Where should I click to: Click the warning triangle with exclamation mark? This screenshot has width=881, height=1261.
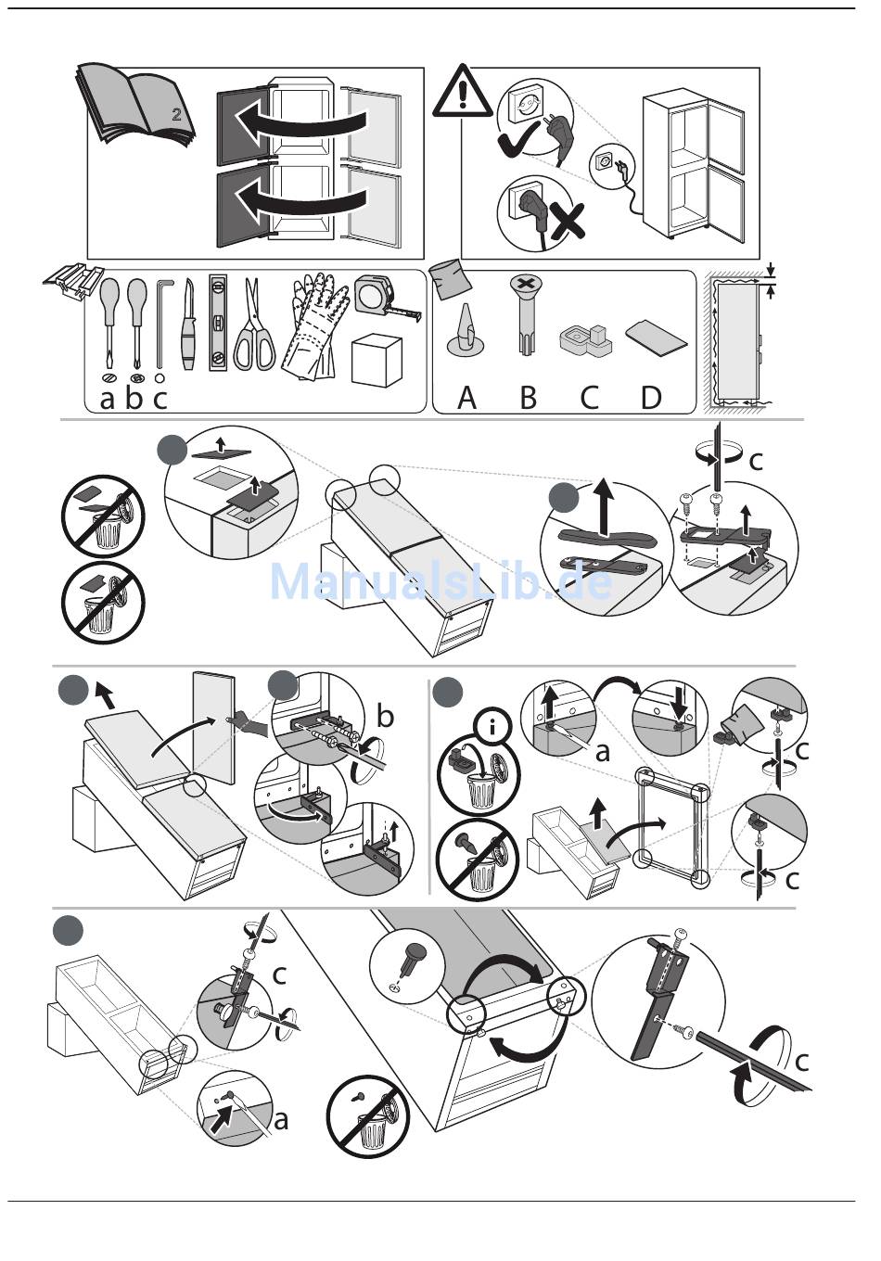tap(462, 93)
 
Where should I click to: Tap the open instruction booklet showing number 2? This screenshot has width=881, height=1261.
tap(139, 107)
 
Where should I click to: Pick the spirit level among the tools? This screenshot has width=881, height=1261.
tap(219, 323)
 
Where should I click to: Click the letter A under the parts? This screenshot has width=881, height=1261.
tap(466, 398)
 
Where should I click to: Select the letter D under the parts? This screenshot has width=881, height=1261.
tap(651, 398)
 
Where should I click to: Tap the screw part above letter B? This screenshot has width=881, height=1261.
tap(525, 315)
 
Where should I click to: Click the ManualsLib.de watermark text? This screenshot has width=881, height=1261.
tap(440, 581)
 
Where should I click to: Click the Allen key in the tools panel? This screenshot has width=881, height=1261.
tap(163, 320)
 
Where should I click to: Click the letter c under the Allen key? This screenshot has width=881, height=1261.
tap(160, 399)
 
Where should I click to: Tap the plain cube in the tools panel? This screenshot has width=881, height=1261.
tap(377, 361)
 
